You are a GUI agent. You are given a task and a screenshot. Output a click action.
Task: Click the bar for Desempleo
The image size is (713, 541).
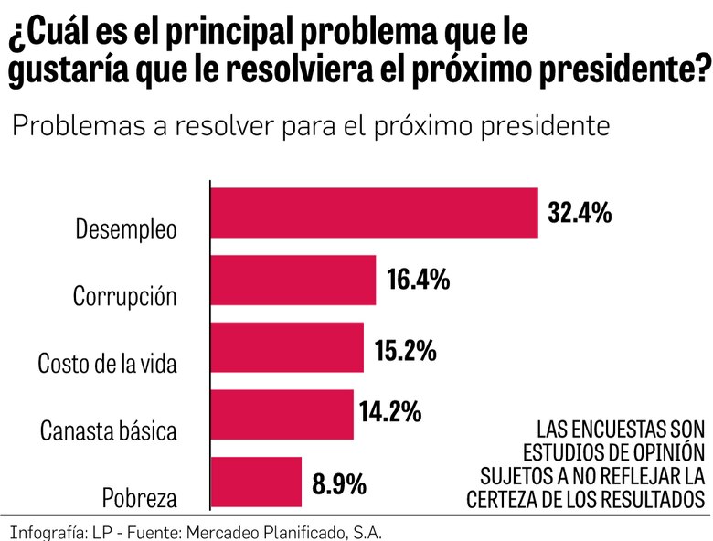point(375,213)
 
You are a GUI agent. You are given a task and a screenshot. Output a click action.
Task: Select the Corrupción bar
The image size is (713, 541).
point(293,280)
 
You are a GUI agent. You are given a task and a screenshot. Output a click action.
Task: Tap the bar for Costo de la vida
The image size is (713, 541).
point(287,347)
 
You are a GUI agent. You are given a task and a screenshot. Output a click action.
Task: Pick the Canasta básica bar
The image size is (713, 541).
point(282,414)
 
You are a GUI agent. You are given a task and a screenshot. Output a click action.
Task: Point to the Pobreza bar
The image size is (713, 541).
point(256,482)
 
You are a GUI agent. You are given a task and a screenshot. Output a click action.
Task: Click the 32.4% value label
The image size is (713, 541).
point(579,213)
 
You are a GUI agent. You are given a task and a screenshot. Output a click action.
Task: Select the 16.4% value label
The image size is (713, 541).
point(418,280)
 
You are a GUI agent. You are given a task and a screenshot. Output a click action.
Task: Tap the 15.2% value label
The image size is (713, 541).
point(405,350)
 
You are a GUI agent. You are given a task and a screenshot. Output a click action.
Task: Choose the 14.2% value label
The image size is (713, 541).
point(390,412)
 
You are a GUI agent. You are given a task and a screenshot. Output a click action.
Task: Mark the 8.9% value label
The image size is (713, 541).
point(339,483)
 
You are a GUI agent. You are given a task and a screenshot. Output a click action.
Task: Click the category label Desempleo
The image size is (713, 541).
point(125,229)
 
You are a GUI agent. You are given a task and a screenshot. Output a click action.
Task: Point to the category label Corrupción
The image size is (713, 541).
point(124,297)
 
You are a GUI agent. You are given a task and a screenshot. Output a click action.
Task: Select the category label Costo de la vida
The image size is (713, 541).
point(107,364)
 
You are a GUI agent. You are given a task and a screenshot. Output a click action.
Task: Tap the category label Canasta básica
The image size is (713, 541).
point(109,431)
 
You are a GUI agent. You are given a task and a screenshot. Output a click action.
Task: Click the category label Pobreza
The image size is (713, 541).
point(139,499)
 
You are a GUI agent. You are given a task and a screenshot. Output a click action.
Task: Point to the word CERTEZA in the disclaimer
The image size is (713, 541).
point(505,499)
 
